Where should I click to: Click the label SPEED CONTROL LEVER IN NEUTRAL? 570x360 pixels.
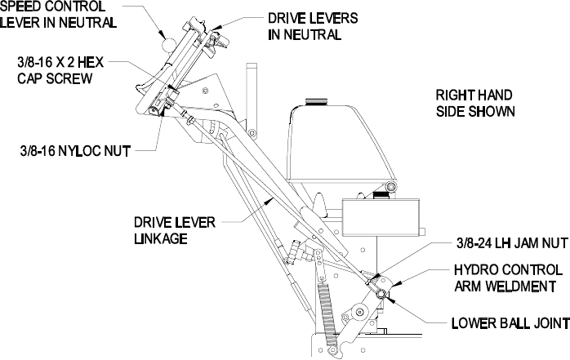click(58, 14)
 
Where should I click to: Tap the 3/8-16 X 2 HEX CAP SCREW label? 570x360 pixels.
click(51, 69)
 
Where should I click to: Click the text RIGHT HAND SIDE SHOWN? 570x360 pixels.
click(474, 102)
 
